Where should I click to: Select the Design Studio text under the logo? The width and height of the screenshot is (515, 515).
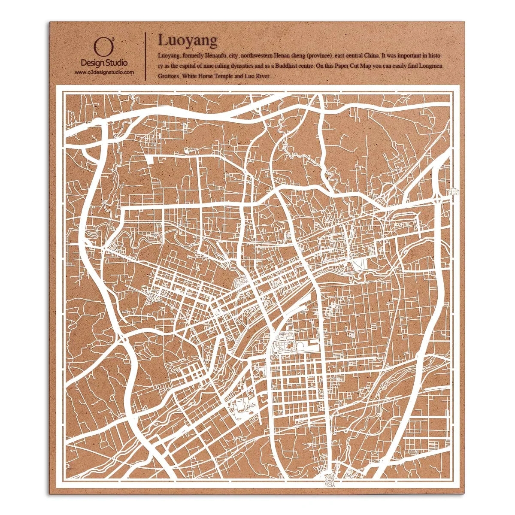pos(104,63)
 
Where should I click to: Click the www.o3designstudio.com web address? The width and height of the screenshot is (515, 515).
pos(104,73)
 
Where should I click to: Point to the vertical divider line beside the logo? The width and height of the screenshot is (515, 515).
pos(146,56)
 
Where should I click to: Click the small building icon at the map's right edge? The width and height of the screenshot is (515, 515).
pos(453,191)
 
